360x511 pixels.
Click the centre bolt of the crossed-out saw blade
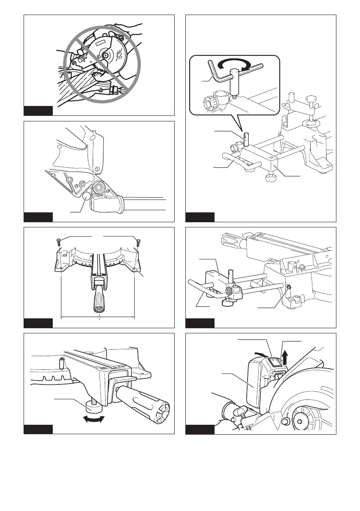coord(104,55)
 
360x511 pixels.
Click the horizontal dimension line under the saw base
coord(98,317)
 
